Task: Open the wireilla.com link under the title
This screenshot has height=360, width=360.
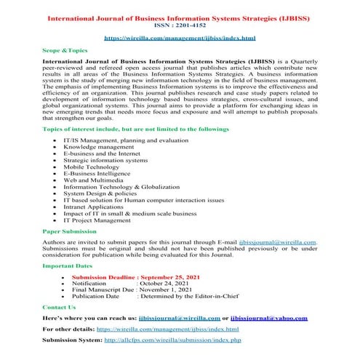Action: pos(180,35)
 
